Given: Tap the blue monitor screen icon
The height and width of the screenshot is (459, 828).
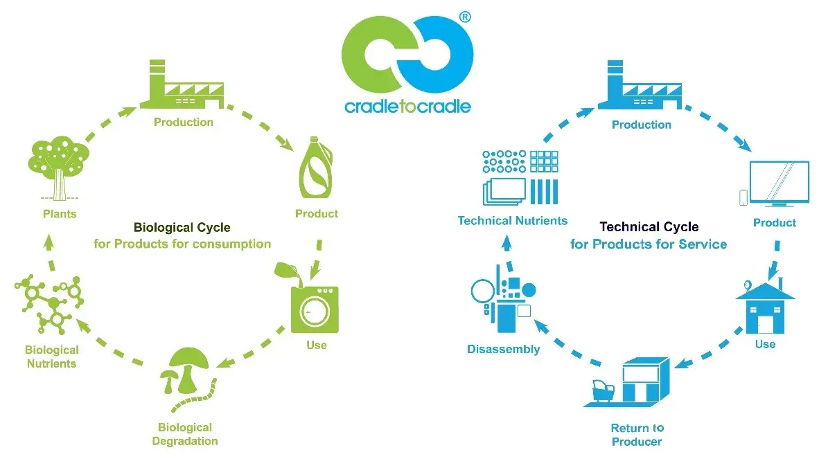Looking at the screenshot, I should point(779,183).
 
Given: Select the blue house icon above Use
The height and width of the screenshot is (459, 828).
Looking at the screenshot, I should point(764,305).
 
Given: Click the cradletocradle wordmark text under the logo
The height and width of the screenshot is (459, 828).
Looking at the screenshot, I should point(407,107).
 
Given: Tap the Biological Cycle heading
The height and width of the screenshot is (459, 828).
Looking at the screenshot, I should point(182,228).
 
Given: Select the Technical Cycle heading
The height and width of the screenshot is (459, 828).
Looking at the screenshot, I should point(649,227).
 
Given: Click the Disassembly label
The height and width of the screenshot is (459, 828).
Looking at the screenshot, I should point(504,349).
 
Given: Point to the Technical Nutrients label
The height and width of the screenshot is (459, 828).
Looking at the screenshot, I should point(512,221).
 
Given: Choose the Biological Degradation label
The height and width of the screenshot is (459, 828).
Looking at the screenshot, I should point(184,434).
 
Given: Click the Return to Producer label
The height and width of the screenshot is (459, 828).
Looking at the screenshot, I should point(637,435).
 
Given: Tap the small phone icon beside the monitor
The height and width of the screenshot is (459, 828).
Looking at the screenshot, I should point(743,197).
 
